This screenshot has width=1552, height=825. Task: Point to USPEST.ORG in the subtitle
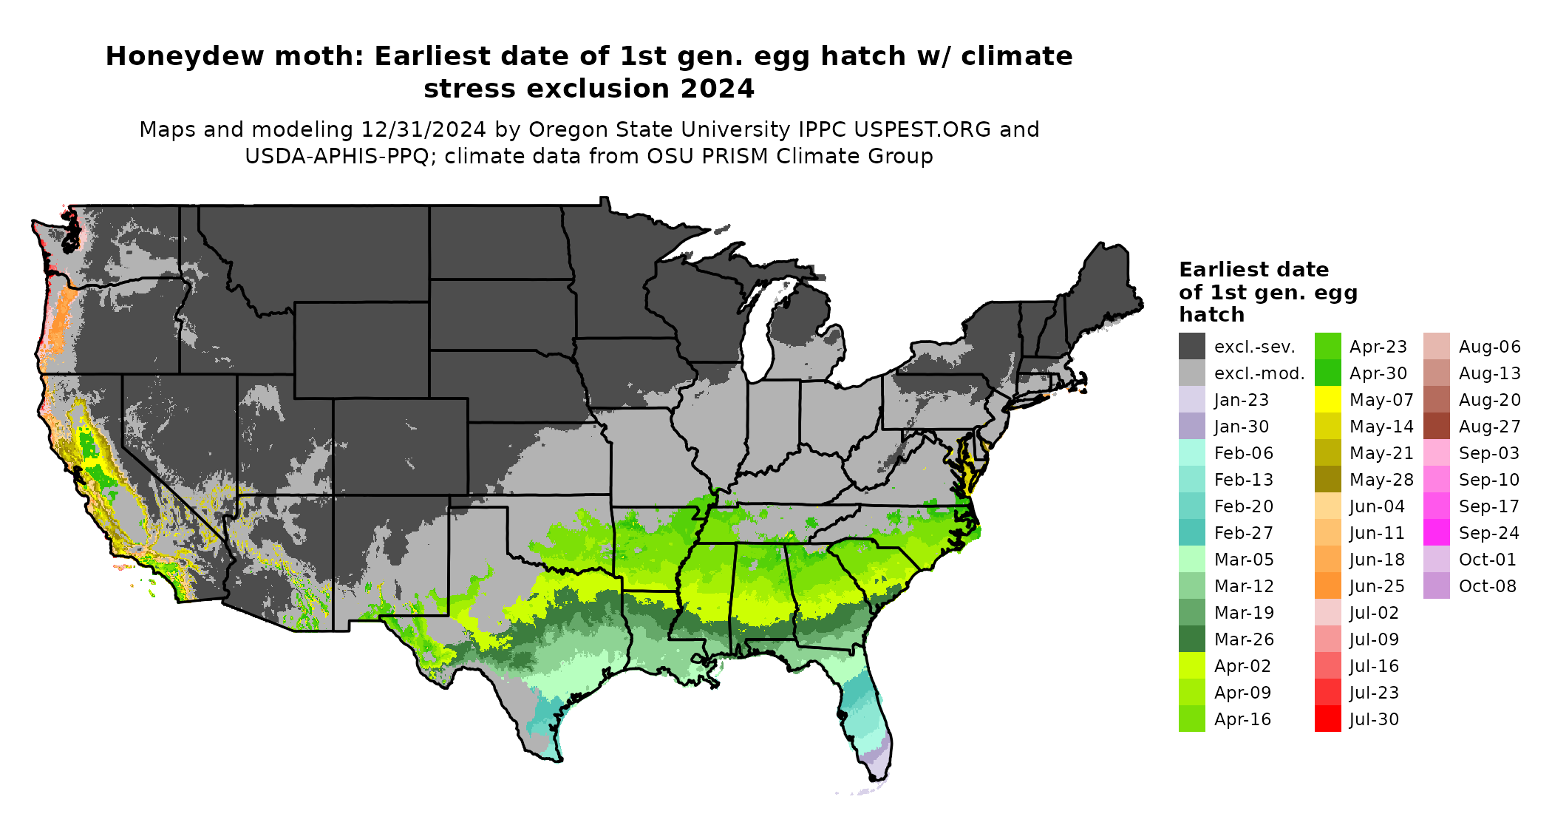click(x=922, y=130)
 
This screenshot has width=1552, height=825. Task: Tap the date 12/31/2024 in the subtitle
click(x=423, y=130)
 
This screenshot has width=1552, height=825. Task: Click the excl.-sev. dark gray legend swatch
click(x=1192, y=347)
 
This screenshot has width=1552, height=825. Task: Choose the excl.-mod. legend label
click(x=1259, y=373)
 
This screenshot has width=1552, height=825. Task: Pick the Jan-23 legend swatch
click(x=1192, y=400)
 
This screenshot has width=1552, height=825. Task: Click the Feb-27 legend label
click(x=1244, y=533)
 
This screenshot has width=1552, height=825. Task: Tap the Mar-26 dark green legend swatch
click(x=1192, y=639)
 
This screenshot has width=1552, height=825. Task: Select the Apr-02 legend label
click(x=1242, y=666)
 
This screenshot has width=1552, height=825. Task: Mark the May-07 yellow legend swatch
click(x=1328, y=400)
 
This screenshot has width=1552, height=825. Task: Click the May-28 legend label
click(x=1381, y=480)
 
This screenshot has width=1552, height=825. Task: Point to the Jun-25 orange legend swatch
click(x=1328, y=586)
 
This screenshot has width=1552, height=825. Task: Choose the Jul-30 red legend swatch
click(x=1328, y=719)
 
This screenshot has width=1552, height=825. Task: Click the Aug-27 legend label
click(x=1490, y=427)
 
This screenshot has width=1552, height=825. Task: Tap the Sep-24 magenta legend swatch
click(x=1436, y=533)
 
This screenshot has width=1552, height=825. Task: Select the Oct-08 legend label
click(x=1488, y=586)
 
